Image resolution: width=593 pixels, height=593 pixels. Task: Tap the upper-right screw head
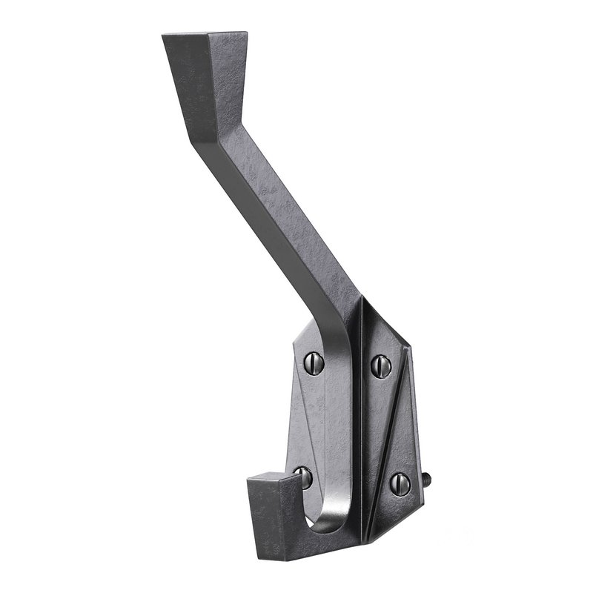[380, 363]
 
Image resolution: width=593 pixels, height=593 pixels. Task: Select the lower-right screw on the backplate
[400, 483]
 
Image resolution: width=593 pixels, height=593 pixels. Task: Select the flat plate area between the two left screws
[311, 419]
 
